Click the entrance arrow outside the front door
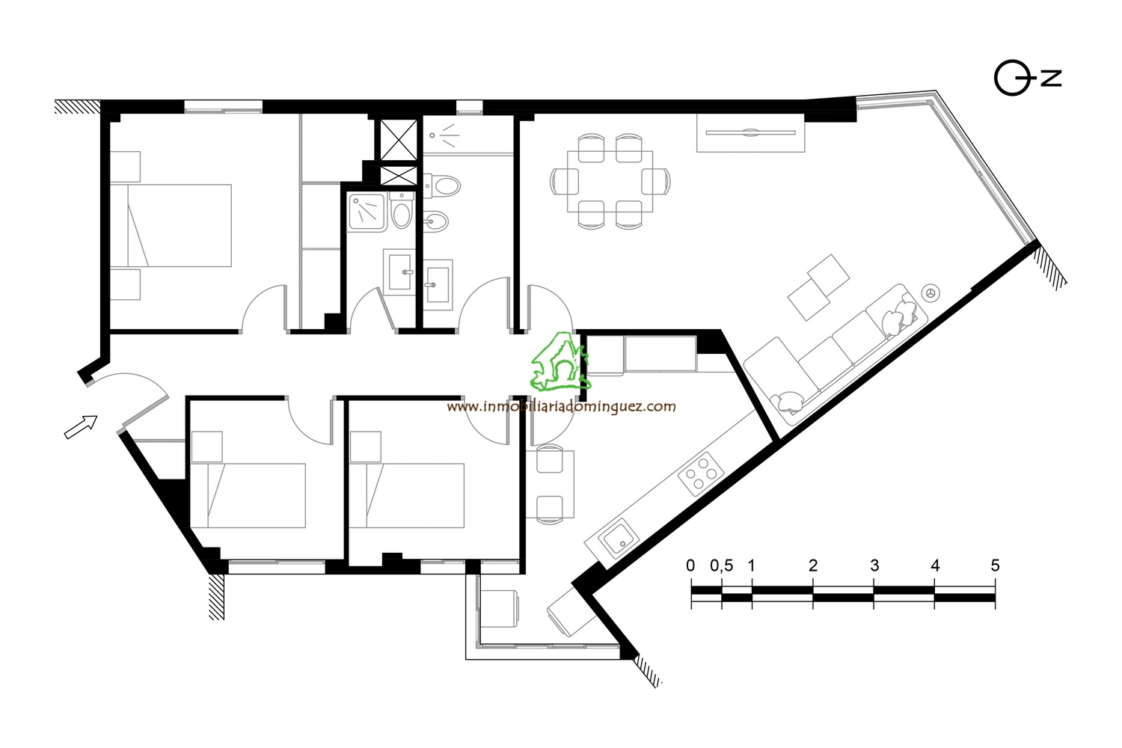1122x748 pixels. click(x=81, y=427)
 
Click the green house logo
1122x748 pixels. click(x=561, y=361)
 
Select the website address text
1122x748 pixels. click(x=561, y=406)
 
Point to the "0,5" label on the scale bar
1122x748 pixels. click(x=721, y=565)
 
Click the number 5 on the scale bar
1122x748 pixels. click(x=995, y=565)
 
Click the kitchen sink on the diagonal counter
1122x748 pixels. click(x=619, y=539)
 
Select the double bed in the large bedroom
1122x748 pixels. click(x=171, y=225)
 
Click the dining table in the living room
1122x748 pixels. click(x=610, y=181)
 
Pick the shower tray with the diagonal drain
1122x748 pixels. click(x=368, y=212)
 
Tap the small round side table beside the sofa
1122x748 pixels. click(x=931, y=293)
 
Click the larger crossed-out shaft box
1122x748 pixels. click(x=398, y=140)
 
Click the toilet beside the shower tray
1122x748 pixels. click(x=401, y=211)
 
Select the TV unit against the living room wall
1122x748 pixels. click(x=750, y=132)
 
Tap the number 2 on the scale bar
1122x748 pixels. click(x=813, y=565)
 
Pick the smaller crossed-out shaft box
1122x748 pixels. click(x=398, y=176)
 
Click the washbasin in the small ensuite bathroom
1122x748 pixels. click(x=399, y=272)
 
